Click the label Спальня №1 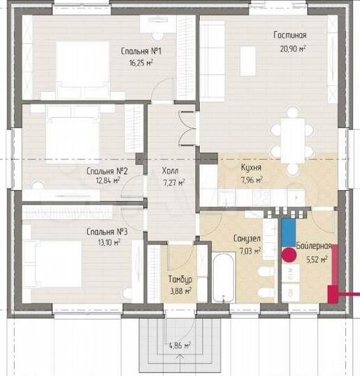[x=141, y=51]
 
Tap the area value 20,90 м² [x=293, y=49]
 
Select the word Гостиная [x=290, y=35]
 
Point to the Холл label [x=171, y=171]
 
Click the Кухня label [x=251, y=167]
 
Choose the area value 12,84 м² [x=108, y=180]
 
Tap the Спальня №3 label [x=107, y=232]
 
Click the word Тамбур [x=180, y=279]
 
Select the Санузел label [x=247, y=238]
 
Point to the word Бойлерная [x=314, y=246]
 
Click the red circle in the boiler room [x=289, y=255]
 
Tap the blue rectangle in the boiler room [x=288, y=233]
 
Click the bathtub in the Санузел [x=224, y=277]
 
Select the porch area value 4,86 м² [x=180, y=345]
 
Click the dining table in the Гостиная [x=292, y=141]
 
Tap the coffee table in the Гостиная [x=248, y=61]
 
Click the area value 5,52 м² [x=317, y=259]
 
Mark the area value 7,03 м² [x=250, y=251]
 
